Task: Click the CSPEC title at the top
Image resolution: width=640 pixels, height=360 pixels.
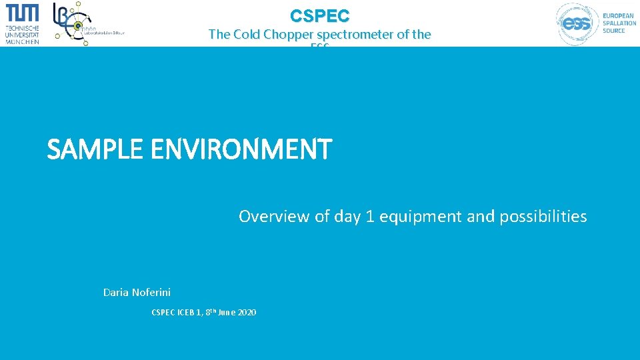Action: pyautogui.click(x=319, y=15)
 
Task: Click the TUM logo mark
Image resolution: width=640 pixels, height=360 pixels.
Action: pyautogui.click(x=22, y=13)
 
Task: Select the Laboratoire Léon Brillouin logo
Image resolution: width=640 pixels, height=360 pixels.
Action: pyautogui.click(x=83, y=24)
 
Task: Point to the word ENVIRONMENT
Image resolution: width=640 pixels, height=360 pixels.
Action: pyautogui.click(x=241, y=149)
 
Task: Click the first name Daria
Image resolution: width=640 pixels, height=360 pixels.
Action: pyautogui.click(x=117, y=293)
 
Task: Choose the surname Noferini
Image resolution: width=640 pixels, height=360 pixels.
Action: pyautogui.click(x=151, y=293)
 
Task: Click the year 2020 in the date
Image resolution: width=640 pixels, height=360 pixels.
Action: pyautogui.click(x=246, y=313)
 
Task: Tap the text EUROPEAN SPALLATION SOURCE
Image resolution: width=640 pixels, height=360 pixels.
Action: pyautogui.click(x=619, y=23)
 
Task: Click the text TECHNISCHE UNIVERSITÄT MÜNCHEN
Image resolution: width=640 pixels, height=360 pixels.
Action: pyautogui.click(x=22, y=35)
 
